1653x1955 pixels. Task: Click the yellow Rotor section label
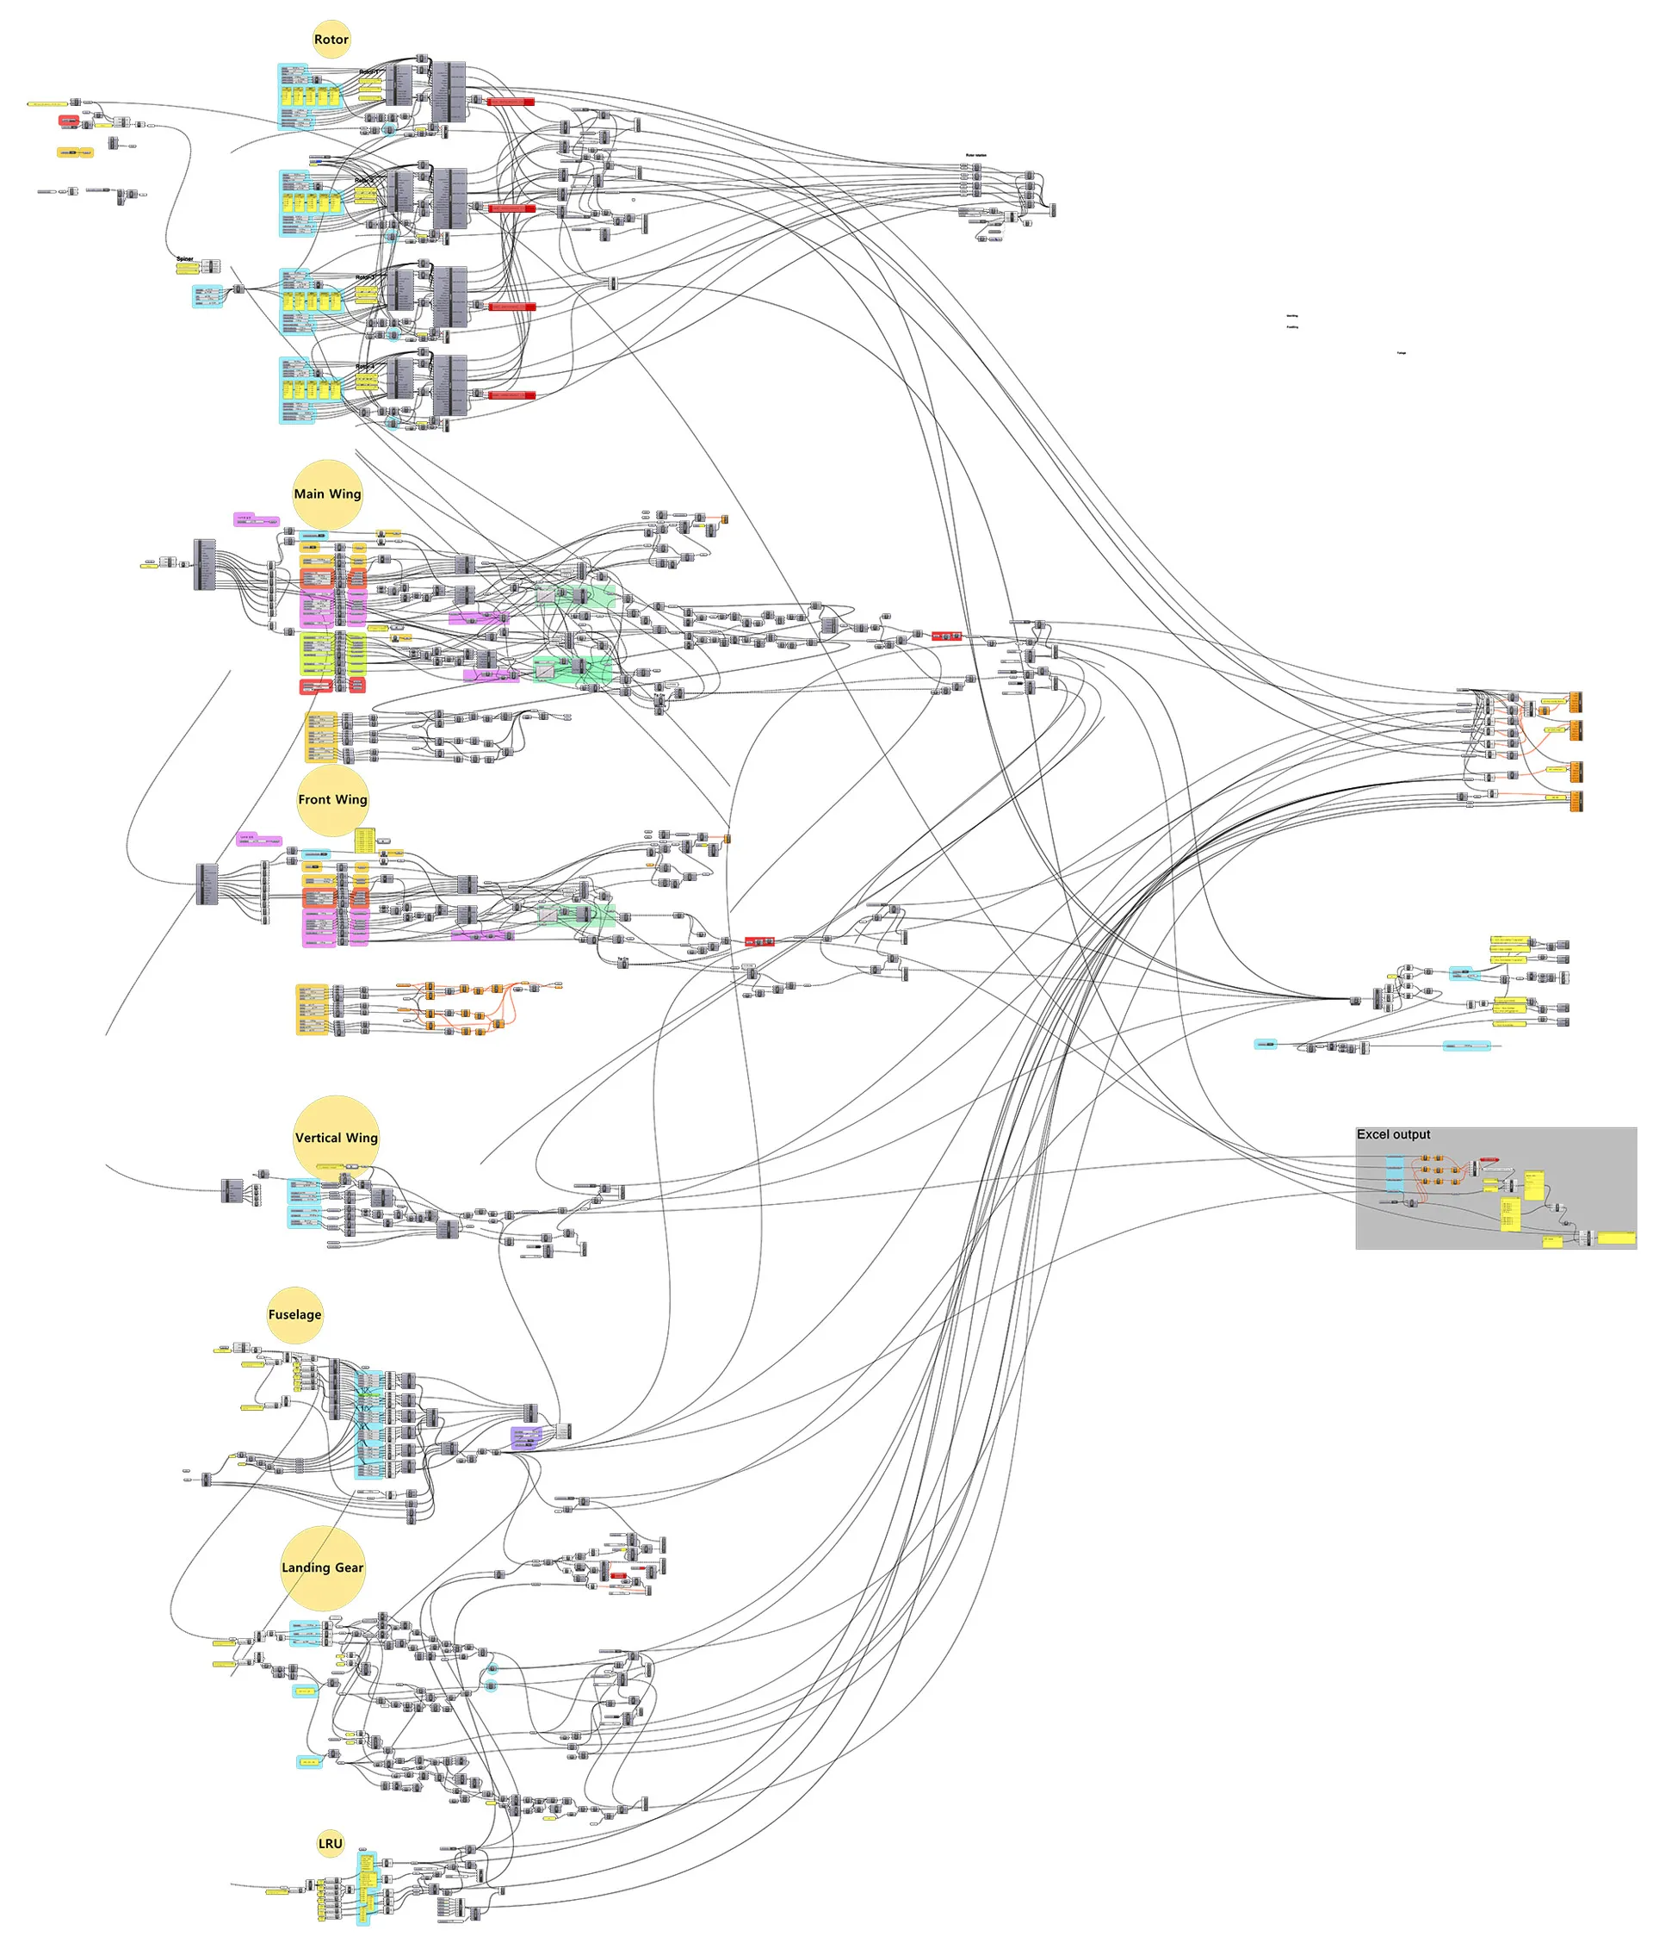(x=331, y=40)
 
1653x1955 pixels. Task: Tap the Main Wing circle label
(x=327, y=493)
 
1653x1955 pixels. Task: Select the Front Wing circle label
(x=332, y=799)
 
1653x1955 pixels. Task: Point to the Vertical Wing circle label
(x=337, y=1138)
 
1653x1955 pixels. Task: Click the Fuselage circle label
(x=294, y=1314)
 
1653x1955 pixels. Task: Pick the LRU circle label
(x=330, y=1844)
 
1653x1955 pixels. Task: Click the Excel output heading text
(x=1394, y=1134)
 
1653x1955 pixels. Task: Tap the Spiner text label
(x=184, y=258)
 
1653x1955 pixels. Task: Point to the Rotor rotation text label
(x=975, y=156)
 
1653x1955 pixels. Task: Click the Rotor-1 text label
(x=369, y=71)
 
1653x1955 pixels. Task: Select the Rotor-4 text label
(x=364, y=366)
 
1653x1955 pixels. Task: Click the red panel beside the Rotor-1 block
(x=511, y=102)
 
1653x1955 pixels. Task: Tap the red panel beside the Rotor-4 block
(x=511, y=395)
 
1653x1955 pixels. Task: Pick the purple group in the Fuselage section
(x=527, y=1437)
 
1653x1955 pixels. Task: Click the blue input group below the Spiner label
(x=208, y=296)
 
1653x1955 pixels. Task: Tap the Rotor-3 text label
(x=364, y=277)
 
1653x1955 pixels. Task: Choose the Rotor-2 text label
(x=364, y=179)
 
